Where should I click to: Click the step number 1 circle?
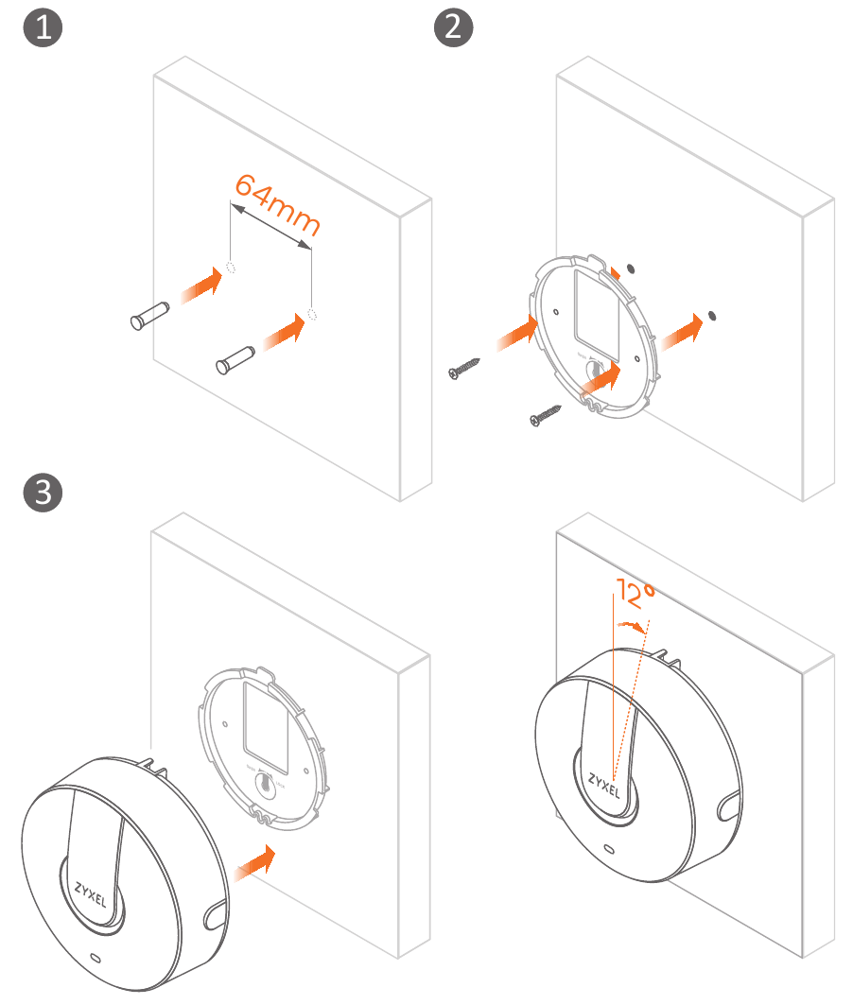(42, 27)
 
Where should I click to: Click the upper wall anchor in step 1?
(148, 316)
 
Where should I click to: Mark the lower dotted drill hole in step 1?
(313, 314)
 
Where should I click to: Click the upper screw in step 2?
(465, 368)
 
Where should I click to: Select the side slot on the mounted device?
(730, 806)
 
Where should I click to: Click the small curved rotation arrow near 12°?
(632, 625)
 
